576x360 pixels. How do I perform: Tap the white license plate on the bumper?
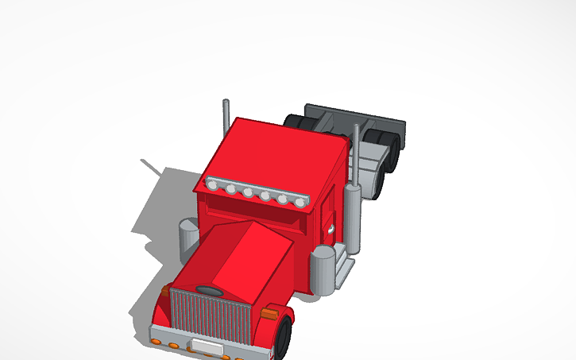click(207, 347)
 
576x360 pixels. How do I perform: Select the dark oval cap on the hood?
click(210, 290)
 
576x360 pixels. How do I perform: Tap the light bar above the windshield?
click(256, 192)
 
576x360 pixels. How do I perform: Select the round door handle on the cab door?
click(330, 230)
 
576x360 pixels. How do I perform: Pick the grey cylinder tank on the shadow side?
click(188, 239)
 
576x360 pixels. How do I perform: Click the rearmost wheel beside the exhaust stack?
click(389, 151)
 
